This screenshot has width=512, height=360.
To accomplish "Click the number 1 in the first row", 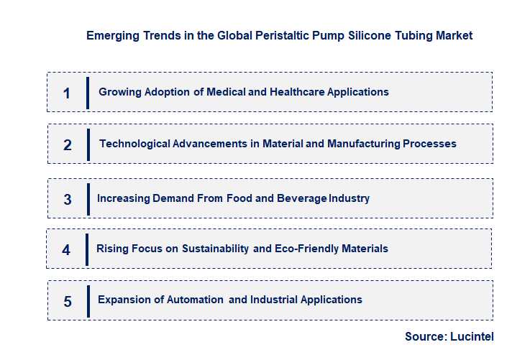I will (67, 93).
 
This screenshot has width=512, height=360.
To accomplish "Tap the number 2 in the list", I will (68, 144).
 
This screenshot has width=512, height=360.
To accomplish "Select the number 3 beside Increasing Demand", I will (68, 199).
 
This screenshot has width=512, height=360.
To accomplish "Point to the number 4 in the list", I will (66, 250).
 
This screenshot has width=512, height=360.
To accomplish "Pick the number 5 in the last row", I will (68, 301).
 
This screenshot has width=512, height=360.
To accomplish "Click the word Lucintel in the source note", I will (472, 336).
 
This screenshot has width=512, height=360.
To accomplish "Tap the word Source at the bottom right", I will (426, 336).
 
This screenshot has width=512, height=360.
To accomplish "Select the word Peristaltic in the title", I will (283, 35).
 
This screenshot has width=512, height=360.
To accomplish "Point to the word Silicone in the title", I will (369, 35).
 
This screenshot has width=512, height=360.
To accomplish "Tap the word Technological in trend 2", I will (134, 144).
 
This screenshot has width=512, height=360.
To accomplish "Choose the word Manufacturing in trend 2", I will (363, 144).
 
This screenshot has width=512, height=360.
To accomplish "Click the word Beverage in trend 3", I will (303, 198).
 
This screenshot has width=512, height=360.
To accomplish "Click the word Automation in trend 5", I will (196, 300).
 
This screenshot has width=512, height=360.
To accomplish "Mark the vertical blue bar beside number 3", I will (88, 198).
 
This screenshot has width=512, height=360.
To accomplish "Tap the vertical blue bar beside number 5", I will (88, 300).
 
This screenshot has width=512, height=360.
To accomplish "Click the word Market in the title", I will (454, 35).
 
